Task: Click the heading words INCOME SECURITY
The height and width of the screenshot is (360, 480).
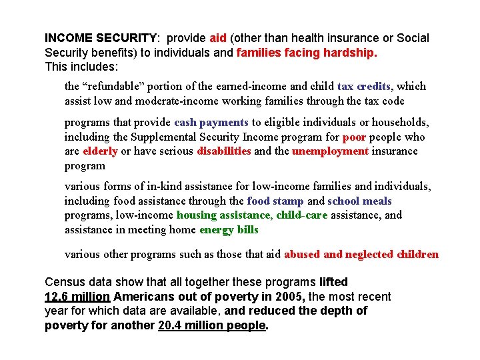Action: point(101,39)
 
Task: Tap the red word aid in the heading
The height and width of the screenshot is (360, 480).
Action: point(218,39)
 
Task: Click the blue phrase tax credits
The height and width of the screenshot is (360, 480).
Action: point(365,87)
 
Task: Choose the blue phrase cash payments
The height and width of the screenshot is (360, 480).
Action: point(211,123)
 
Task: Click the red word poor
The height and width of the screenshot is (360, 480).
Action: point(354,137)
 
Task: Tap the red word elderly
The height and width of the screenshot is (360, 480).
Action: point(100,151)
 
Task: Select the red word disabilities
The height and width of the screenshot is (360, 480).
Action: point(224,151)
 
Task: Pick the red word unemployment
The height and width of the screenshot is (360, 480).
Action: point(330,151)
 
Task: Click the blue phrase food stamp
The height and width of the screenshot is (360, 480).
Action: point(275,201)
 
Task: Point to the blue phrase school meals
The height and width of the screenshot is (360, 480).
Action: point(360,201)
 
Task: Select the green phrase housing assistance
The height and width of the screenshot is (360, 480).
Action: point(223,215)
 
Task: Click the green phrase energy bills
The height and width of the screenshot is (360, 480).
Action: point(229,230)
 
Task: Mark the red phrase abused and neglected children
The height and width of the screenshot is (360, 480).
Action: point(361,255)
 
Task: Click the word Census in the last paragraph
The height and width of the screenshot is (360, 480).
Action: point(65,283)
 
